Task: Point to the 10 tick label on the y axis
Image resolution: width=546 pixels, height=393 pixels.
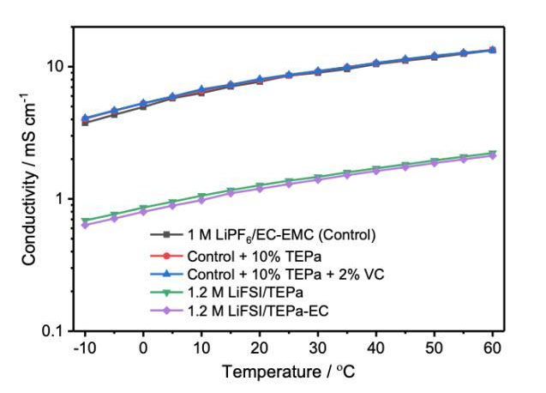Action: click(54, 67)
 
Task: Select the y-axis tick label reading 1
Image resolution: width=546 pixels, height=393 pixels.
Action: click(58, 199)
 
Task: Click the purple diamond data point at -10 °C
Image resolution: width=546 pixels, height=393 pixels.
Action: click(84, 225)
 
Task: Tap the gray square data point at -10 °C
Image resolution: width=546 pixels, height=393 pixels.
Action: click(84, 123)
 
